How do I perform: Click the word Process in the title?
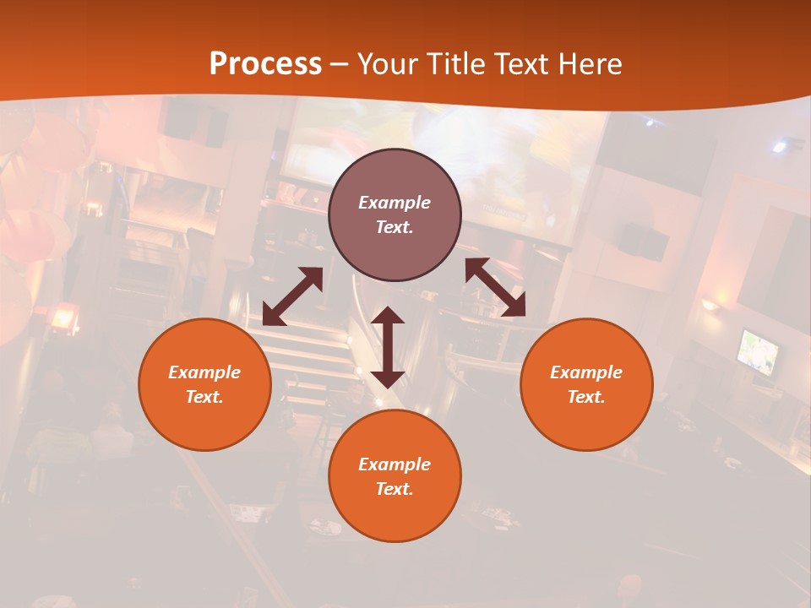coord(265,64)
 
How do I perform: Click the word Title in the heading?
coord(452,64)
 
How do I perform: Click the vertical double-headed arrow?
coord(388,347)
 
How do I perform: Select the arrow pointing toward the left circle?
coord(292,296)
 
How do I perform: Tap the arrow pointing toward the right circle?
coord(495,287)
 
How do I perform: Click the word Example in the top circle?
coord(395,203)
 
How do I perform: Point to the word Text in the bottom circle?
coord(394,489)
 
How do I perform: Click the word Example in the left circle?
coord(204,372)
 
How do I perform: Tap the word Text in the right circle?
coord(585,397)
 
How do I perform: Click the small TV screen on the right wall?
coord(758,351)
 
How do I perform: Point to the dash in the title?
coord(339,64)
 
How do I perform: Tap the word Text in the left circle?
coord(204,397)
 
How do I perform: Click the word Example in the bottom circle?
coord(395,464)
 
